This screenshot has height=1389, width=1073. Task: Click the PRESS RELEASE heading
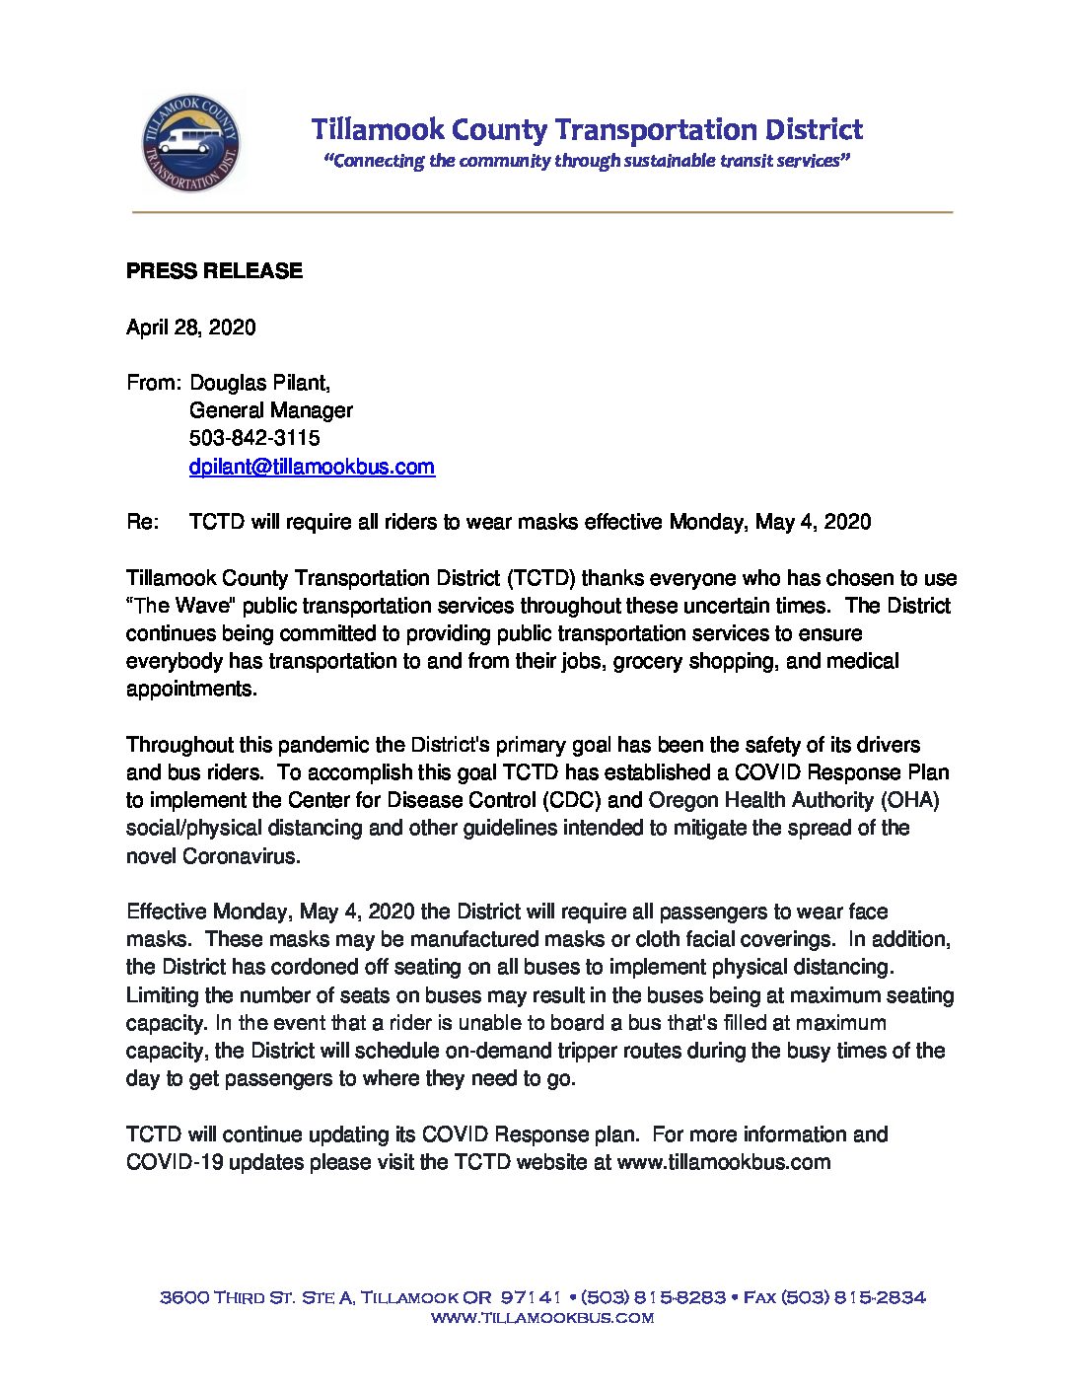214,271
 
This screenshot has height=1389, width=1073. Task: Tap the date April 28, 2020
190,328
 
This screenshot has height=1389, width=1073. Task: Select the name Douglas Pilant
259,383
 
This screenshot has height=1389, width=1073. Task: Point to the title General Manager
270,410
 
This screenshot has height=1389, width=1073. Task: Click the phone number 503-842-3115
254,438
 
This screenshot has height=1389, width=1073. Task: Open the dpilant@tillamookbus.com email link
312,467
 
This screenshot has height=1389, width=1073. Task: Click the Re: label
142,522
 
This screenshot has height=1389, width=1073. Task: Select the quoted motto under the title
587,161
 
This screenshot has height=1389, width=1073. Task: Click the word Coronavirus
241,856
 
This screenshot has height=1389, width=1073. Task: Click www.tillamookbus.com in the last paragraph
723,1162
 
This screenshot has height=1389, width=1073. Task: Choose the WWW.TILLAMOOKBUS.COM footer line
542,1318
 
